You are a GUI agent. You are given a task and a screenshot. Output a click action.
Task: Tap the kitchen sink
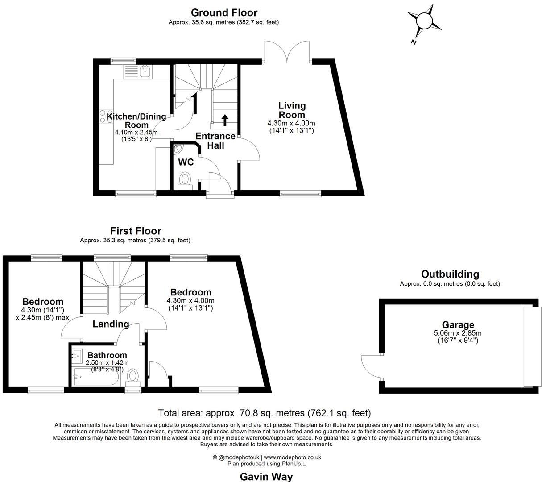145,71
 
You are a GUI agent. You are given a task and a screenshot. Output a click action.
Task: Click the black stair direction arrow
225,119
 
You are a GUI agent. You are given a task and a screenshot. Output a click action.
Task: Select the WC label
186,162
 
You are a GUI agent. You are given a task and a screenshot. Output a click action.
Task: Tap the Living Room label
292,110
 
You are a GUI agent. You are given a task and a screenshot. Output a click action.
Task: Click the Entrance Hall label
215,141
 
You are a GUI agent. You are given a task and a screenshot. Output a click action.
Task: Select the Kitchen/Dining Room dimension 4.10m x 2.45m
136,133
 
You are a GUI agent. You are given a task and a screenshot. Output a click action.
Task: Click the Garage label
458,325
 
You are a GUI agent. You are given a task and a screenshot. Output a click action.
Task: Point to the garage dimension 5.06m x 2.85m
458,333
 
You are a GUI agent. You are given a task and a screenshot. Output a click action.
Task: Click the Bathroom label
107,355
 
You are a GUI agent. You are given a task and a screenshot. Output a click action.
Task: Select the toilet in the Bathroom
133,377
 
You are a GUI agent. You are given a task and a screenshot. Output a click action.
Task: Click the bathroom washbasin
76,356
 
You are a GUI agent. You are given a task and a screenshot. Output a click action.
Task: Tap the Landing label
111,324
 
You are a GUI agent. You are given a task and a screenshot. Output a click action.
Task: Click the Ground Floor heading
224,12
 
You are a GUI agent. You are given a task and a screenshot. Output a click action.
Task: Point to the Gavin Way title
266,476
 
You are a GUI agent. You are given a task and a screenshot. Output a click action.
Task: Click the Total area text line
265,413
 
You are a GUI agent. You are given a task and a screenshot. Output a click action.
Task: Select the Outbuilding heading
450,274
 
